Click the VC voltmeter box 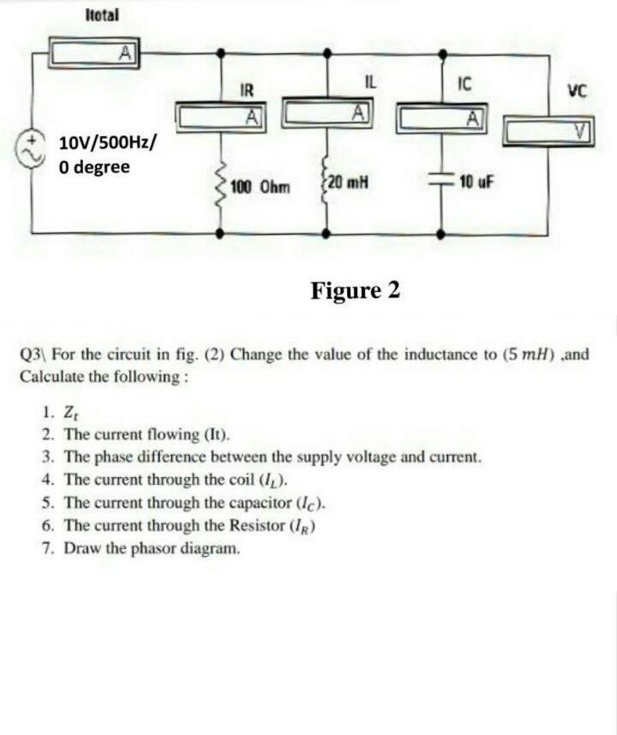click(x=546, y=131)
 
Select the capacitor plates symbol click(x=442, y=182)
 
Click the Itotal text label click(x=103, y=15)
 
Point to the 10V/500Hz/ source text click(x=107, y=141)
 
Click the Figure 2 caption click(x=355, y=290)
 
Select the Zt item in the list click(x=74, y=411)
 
